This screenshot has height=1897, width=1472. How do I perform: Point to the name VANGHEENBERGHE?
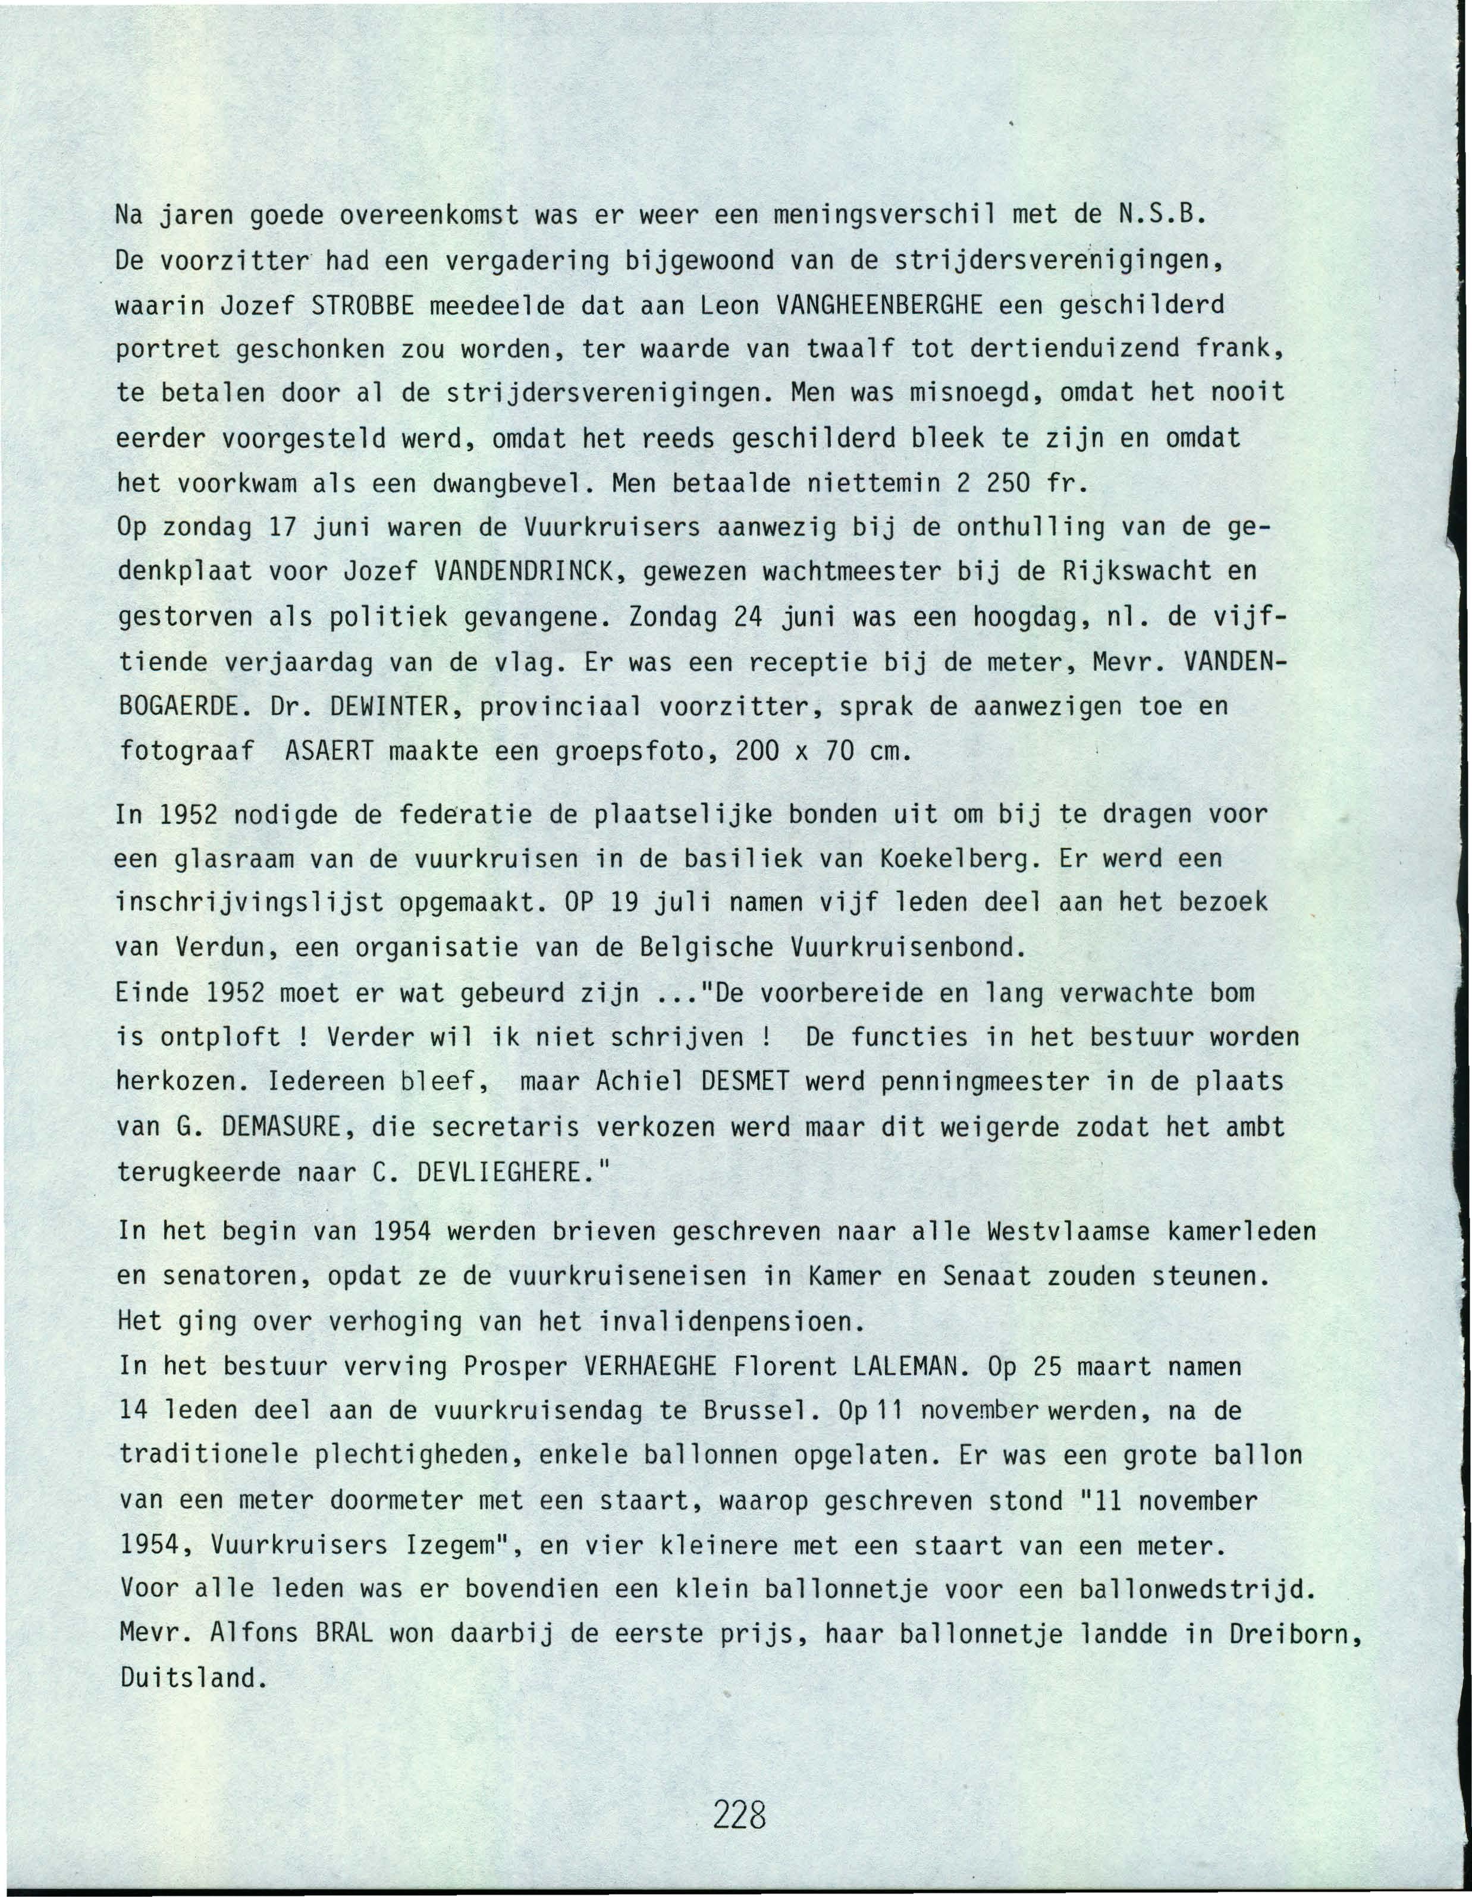[x=878, y=305]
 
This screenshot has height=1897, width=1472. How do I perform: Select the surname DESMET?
[x=743, y=1082]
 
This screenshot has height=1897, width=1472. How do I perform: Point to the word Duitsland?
[x=190, y=1677]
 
